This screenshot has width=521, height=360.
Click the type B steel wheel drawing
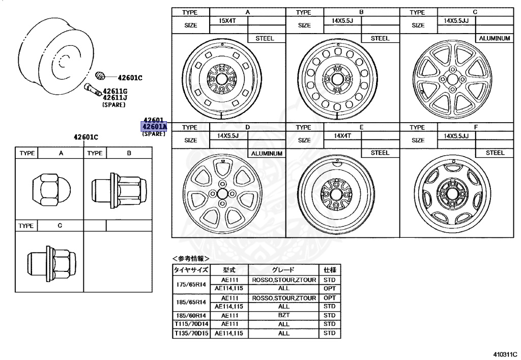coord(337,80)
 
